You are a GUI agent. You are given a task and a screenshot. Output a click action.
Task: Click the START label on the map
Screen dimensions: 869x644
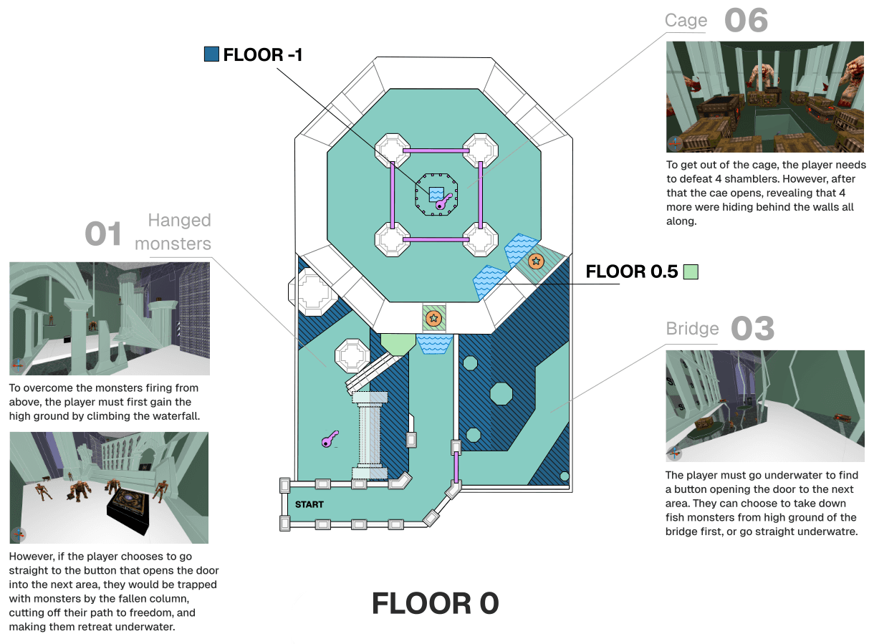(x=309, y=504)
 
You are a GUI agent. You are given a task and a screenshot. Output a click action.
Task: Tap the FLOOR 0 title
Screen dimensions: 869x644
(x=435, y=603)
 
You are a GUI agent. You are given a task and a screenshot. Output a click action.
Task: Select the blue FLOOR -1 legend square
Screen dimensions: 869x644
(x=211, y=54)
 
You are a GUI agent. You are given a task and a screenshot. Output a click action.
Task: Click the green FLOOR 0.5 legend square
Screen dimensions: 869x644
(x=691, y=271)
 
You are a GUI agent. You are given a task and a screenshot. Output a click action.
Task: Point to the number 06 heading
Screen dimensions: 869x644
(x=746, y=20)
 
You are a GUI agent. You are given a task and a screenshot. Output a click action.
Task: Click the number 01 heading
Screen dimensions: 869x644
(x=102, y=234)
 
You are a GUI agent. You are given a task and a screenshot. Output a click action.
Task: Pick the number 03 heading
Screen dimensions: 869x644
(x=752, y=328)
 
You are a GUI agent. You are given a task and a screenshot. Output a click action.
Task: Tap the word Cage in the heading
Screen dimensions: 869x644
(x=686, y=20)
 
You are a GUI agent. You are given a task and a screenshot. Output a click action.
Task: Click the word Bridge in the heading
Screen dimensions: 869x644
(x=692, y=328)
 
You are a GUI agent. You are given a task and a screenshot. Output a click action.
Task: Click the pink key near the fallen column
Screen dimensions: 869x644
(x=330, y=439)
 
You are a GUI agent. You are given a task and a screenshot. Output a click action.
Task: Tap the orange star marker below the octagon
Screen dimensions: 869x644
(x=433, y=319)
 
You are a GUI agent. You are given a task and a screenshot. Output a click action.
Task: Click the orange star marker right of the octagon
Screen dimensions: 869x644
(x=536, y=261)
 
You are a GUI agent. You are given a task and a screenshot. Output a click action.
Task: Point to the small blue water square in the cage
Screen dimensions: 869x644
(x=436, y=193)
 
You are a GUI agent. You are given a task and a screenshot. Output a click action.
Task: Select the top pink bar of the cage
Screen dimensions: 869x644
(x=436, y=150)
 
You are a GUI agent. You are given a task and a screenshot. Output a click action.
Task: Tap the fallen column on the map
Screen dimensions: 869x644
(x=369, y=436)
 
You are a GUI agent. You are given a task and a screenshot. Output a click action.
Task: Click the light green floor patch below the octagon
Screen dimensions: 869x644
(x=398, y=345)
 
